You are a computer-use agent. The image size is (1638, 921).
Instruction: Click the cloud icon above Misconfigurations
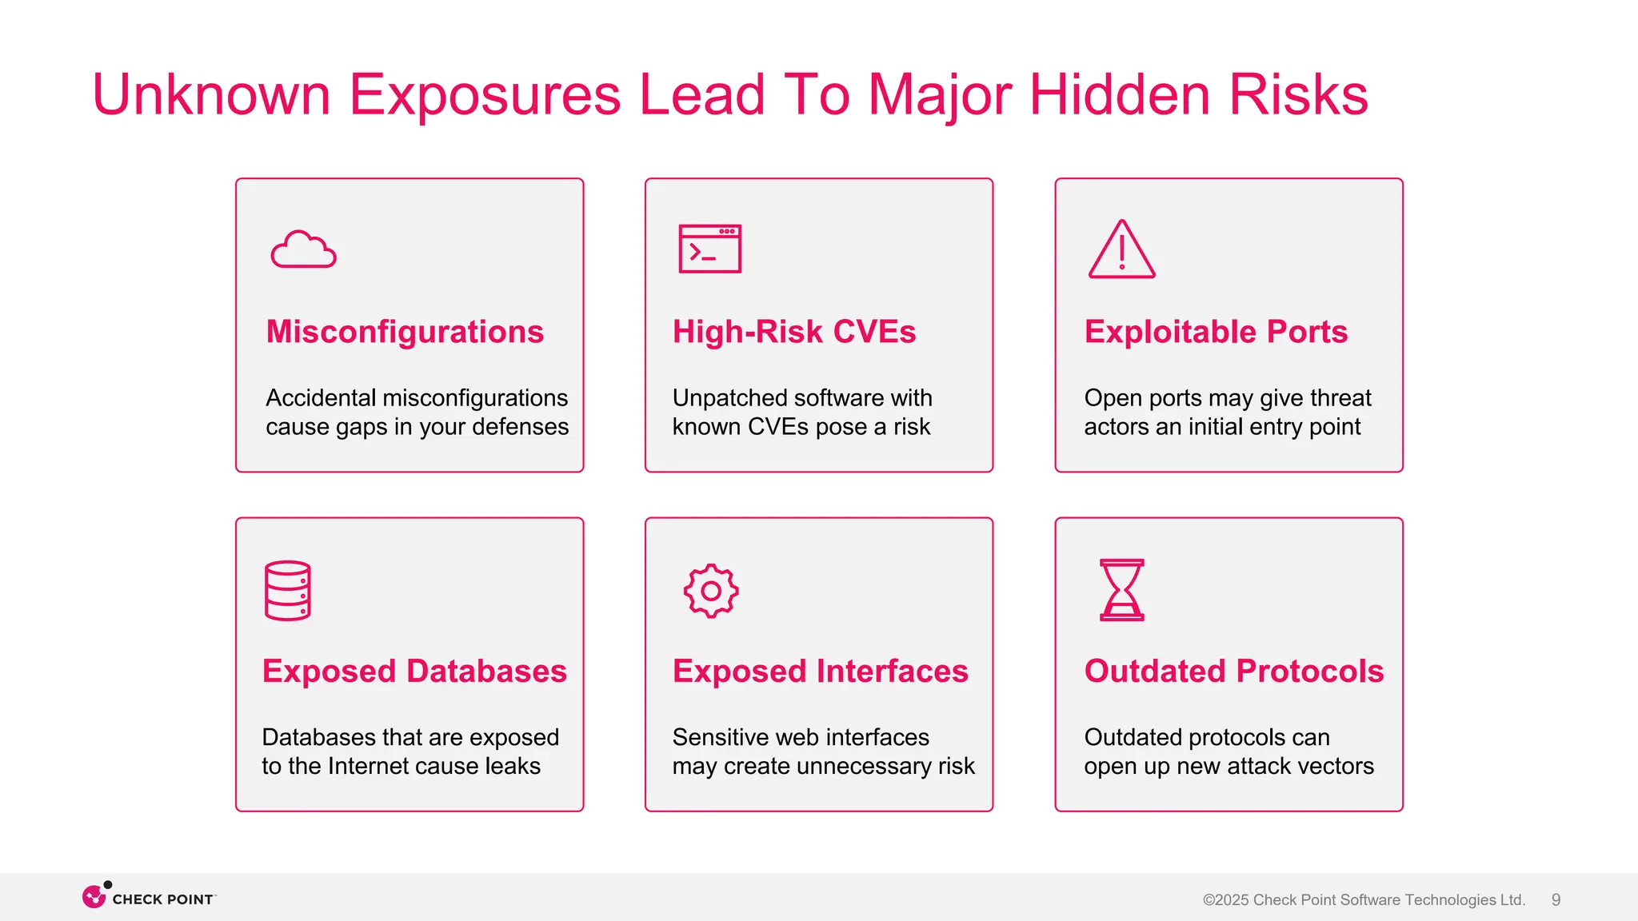coord(303,249)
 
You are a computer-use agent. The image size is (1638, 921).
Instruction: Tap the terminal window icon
coord(709,249)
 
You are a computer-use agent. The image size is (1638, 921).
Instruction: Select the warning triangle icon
coord(1121,249)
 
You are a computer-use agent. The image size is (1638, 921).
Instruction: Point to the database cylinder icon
coord(287,591)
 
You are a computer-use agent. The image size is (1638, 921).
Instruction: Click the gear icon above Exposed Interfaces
coord(710,592)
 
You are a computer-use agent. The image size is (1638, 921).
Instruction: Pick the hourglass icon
coord(1122,590)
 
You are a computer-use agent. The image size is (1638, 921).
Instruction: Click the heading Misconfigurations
coord(405,332)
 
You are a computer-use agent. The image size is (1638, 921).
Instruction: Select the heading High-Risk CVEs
coord(793,332)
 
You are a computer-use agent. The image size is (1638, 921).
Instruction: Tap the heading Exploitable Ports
coord(1215,332)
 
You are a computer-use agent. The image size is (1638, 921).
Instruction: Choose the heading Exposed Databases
coord(414,671)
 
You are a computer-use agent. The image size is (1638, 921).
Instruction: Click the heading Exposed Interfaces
coord(820,671)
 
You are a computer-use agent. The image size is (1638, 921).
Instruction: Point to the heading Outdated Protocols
coord(1233,671)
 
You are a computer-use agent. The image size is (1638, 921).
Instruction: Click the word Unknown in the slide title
coord(211,94)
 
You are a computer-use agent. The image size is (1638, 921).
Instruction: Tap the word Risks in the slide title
coord(1298,94)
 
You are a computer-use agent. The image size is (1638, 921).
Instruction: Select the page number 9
coord(1556,899)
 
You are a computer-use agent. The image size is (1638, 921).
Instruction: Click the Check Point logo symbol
coord(94,896)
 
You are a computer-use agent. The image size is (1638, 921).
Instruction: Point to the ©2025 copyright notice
coord(1364,899)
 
